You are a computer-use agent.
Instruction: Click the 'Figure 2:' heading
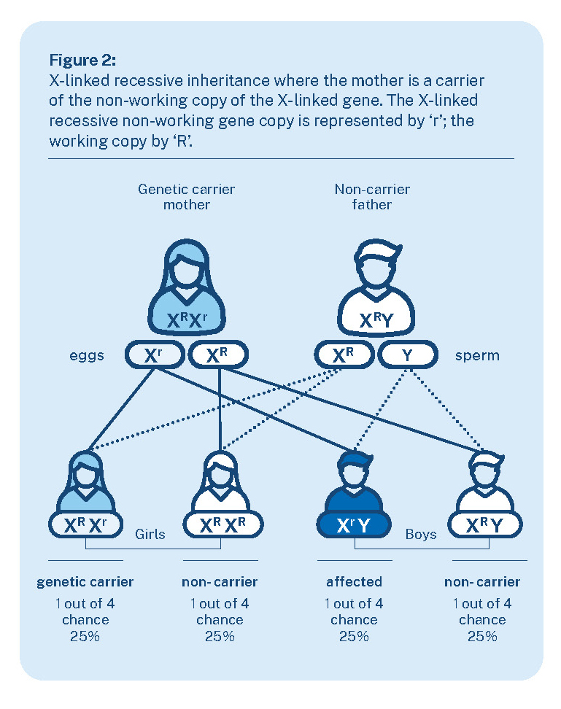click(x=82, y=58)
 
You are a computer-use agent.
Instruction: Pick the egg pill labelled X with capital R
click(x=218, y=356)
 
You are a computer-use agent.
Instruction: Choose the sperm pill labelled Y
click(x=407, y=356)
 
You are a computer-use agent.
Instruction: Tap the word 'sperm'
click(x=477, y=356)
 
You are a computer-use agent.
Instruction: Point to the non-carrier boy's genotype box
click(x=485, y=524)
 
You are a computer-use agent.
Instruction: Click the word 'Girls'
click(x=150, y=534)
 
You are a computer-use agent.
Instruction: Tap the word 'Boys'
click(x=421, y=534)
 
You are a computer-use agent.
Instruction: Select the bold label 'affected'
click(x=355, y=582)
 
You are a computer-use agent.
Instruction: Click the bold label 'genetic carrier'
click(x=85, y=582)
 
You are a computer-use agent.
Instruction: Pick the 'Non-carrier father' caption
click(x=372, y=197)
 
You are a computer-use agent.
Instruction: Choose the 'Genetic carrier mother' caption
click(x=187, y=197)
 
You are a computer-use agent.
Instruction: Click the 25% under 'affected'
click(x=354, y=636)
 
